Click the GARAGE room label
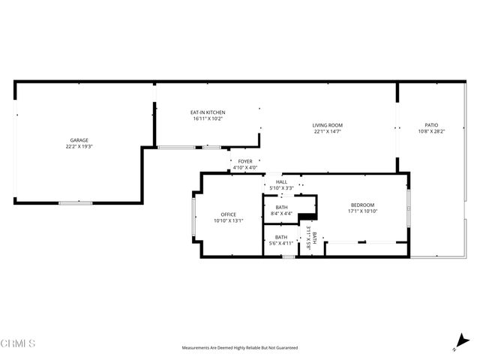79,140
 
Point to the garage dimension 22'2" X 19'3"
79,146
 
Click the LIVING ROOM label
328,125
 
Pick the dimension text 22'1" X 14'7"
328,131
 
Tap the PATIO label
431,125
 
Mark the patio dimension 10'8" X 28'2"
431,131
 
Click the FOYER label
245,161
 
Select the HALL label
281,181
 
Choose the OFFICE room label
229,214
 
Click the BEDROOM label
362,205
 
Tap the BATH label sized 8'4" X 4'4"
281,208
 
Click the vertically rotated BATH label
314,238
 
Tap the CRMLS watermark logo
19,344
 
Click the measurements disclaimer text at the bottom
240,348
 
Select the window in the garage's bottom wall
76,202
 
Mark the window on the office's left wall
193,214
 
